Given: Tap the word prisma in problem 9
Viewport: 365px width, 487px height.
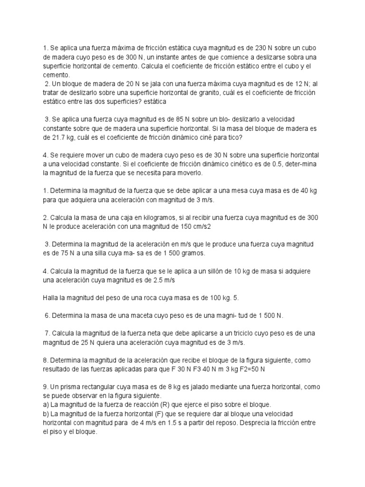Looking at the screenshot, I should [x=72, y=387].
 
